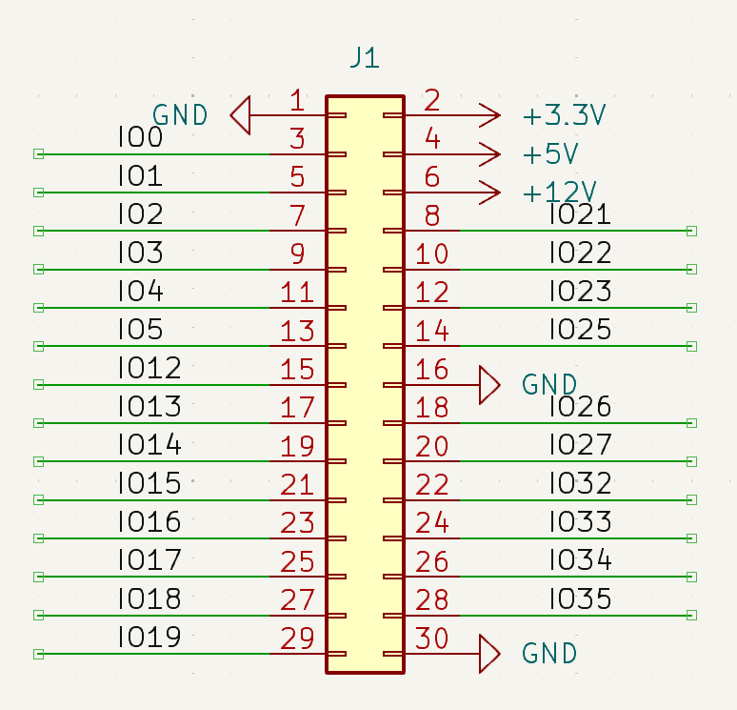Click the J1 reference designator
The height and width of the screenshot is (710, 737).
click(x=365, y=58)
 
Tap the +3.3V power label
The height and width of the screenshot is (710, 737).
click(x=565, y=116)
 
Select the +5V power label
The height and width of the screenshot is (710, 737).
click(x=551, y=154)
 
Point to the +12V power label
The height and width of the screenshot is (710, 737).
click(x=560, y=193)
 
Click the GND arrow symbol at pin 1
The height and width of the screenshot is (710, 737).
click(x=241, y=115)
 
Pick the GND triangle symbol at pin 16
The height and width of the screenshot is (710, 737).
click(x=489, y=385)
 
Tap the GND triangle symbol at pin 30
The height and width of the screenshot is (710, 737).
click(x=489, y=654)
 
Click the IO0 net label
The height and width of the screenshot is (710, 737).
click(x=140, y=138)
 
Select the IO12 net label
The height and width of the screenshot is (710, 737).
click(x=149, y=368)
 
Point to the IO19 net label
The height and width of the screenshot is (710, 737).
click(x=149, y=637)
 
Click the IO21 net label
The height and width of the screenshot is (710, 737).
click(x=580, y=214)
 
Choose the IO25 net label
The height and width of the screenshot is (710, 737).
click(x=580, y=330)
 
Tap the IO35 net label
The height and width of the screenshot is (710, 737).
click(x=580, y=599)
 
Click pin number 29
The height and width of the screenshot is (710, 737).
click(x=297, y=639)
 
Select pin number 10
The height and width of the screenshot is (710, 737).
click(x=431, y=254)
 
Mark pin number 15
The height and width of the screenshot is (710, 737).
click(x=297, y=370)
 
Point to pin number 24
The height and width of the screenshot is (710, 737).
click(x=431, y=523)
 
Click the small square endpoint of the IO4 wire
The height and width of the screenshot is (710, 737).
click(x=39, y=308)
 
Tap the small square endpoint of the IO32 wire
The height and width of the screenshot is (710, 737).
click(x=692, y=500)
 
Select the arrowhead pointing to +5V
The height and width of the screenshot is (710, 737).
click(x=489, y=154)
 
